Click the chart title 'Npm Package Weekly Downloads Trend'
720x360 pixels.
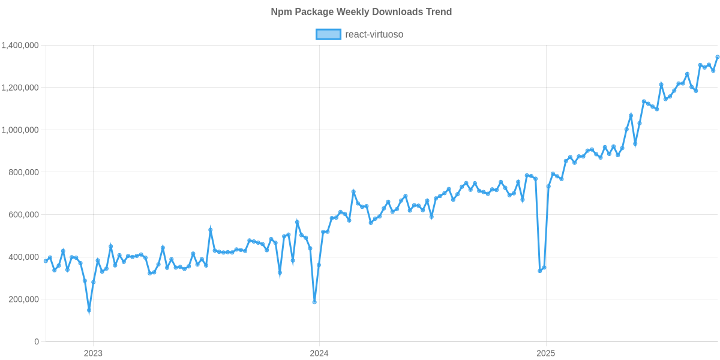click(x=360, y=12)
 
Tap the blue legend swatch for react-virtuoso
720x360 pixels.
click(x=328, y=35)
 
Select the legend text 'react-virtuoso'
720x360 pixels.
click(x=374, y=35)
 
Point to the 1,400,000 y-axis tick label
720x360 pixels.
click(x=20, y=46)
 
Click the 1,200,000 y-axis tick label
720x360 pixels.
click(x=20, y=88)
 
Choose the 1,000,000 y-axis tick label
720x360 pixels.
click(x=20, y=130)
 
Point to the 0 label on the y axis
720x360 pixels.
click(x=37, y=342)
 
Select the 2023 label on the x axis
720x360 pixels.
click(x=92, y=353)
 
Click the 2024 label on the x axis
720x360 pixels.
click(x=319, y=353)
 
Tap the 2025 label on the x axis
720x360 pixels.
click(x=545, y=353)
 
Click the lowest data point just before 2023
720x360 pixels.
click(x=89, y=311)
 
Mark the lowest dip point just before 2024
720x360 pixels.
click(x=314, y=302)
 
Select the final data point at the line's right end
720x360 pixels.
click(x=718, y=57)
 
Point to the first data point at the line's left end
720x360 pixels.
click(x=46, y=261)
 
